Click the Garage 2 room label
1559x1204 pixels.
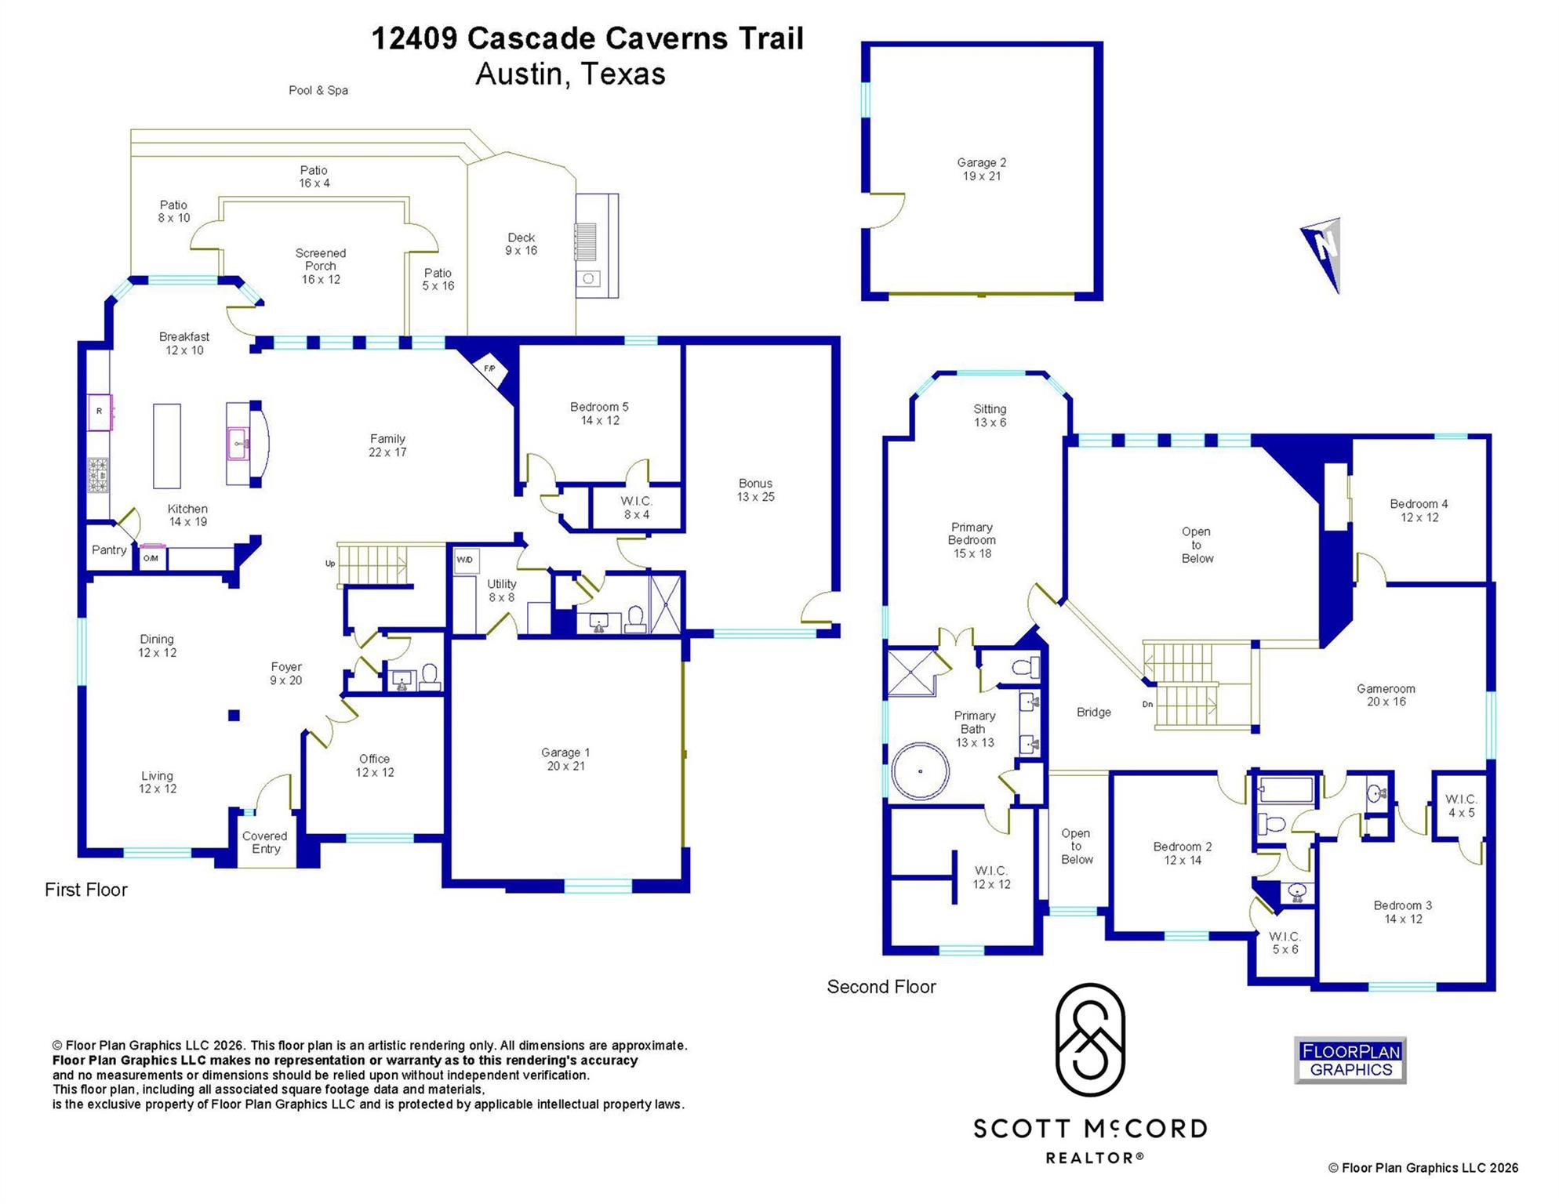click(981, 169)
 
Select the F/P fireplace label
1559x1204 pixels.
click(489, 368)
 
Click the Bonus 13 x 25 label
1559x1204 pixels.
click(755, 490)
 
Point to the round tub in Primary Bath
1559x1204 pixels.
click(920, 771)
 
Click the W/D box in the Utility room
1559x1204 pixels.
click(465, 560)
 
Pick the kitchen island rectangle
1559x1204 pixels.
click(166, 446)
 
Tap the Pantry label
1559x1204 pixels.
click(109, 550)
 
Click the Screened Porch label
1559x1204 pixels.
click(321, 266)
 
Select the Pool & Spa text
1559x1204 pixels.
click(318, 91)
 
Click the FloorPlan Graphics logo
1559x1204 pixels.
click(1350, 1061)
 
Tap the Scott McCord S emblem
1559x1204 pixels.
click(1090, 1040)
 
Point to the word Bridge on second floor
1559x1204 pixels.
click(1093, 713)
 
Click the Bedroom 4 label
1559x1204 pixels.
click(1419, 510)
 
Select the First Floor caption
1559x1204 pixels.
click(86, 890)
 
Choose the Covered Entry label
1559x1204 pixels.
click(265, 843)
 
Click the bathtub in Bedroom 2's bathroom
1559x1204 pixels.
click(1286, 789)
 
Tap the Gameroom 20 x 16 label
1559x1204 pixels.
click(1386, 695)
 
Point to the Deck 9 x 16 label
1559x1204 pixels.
click(521, 244)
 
